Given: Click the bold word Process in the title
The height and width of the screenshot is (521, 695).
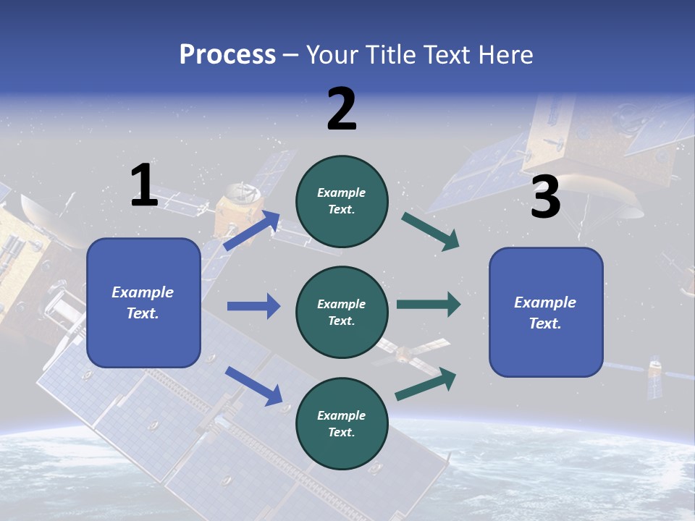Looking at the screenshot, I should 227,54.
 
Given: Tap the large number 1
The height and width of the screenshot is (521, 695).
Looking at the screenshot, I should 144,186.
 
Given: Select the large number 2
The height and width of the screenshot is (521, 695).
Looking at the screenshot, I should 342,110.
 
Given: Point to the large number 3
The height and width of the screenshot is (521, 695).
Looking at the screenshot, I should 545,198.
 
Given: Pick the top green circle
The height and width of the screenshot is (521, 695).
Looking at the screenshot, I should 342,201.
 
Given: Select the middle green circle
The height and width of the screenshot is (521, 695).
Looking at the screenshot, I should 342,312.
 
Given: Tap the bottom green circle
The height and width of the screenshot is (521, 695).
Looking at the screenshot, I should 342,423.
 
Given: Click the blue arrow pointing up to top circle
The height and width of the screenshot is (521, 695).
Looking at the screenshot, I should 252,231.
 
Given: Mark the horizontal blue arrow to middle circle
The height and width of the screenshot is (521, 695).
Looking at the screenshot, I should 253,306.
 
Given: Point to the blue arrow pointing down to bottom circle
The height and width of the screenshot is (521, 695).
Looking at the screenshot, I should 253,385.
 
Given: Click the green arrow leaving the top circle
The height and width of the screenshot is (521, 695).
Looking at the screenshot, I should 430,232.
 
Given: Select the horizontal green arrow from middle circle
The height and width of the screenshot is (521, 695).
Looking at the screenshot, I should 429,305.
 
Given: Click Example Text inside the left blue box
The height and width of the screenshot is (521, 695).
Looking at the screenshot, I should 143,302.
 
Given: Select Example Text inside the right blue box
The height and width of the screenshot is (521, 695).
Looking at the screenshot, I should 545,313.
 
